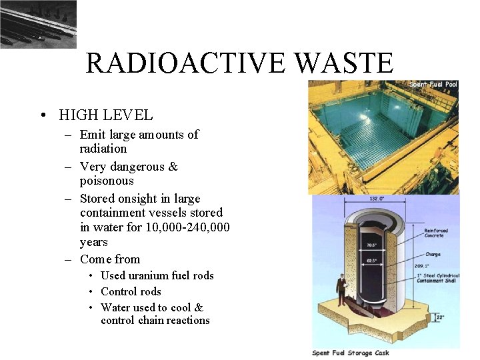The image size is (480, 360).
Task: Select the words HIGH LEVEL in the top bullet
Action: click(106, 115)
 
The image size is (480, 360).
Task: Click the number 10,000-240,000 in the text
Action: click(187, 228)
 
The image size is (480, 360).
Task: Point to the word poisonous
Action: click(107, 181)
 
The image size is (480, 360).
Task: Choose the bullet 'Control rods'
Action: click(131, 291)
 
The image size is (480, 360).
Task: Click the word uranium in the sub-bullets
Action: click(154, 275)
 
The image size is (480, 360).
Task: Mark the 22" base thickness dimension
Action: click(439, 317)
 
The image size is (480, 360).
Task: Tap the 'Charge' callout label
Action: click(434, 253)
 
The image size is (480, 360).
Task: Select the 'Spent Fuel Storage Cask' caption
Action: click(351, 353)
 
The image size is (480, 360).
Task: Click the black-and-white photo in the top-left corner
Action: click(38, 24)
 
